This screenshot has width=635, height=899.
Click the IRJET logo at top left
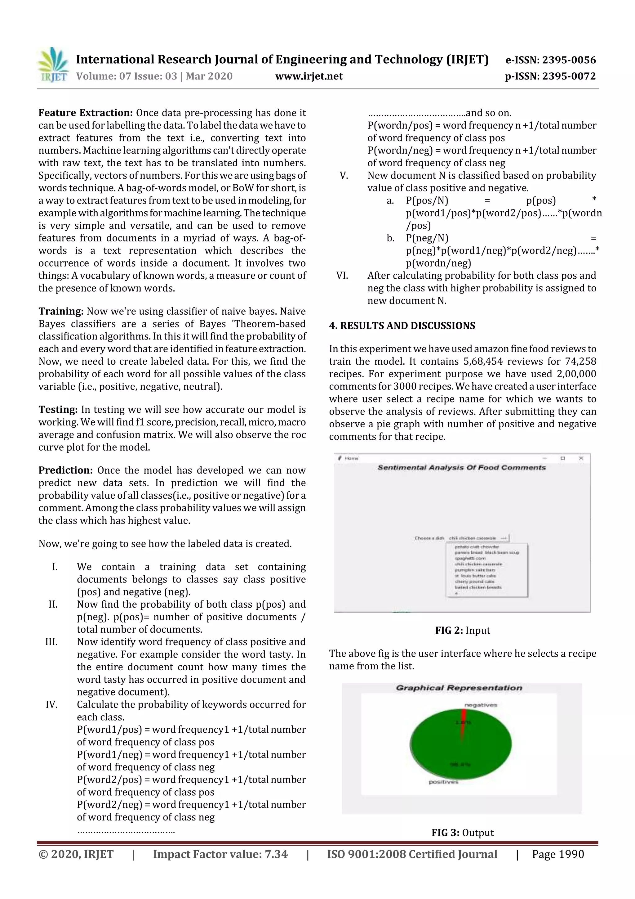click(x=53, y=65)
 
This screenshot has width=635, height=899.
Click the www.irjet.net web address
click(x=309, y=76)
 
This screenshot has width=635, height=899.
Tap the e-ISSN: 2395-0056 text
click(x=550, y=60)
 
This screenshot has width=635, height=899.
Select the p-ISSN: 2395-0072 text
click(x=550, y=76)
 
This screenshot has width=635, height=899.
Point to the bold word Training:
click(x=61, y=312)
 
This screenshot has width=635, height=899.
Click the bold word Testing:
click(x=58, y=410)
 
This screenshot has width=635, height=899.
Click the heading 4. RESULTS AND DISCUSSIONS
click(x=402, y=326)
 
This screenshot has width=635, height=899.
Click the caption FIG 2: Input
click(x=463, y=630)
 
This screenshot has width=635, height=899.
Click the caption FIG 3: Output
click(x=463, y=833)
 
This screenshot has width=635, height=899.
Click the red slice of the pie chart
click(x=463, y=724)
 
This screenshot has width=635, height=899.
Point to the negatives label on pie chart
click(x=481, y=705)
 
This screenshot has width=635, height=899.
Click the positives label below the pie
click(x=443, y=782)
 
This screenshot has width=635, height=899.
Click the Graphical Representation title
click(x=459, y=688)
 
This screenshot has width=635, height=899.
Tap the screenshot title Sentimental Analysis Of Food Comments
click(x=461, y=468)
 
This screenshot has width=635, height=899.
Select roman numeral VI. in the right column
click(x=342, y=276)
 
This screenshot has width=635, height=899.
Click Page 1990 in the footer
click(x=557, y=854)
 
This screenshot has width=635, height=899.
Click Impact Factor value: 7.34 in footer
click(x=220, y=854)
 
